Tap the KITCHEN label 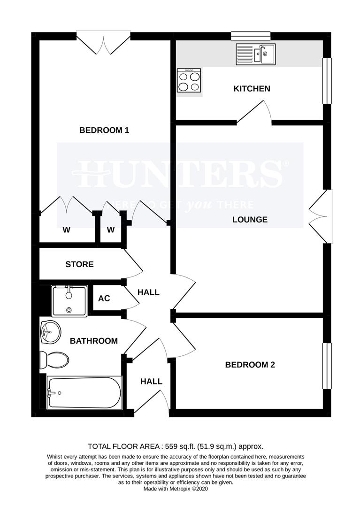click(x=252, y=88)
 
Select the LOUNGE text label click(x=250, y=219)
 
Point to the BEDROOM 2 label click(x=250, y=365)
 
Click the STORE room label click(x=79, y=264)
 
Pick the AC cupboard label click(x=104, y=299)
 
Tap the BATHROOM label click(x=94, y=341)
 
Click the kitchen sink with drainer click(x=256, y=54)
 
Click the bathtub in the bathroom click(x=84, y=392)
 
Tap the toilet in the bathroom click(x=54, y=360)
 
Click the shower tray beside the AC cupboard click(x=69, y=300)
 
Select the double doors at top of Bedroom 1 click(x=103, y=42)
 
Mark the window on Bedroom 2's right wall click(x=326, y=366)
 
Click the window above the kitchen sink click(x=251, y=36)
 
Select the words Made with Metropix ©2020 click(x=176, y=489)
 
